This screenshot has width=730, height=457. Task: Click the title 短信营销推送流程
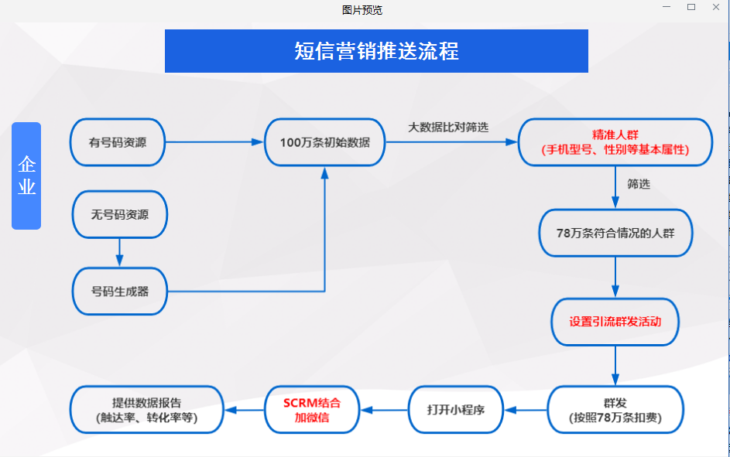[376, 51]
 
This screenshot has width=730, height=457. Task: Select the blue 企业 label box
[26, 176]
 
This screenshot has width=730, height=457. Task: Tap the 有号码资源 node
[118, 142]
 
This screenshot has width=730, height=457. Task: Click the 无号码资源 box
[120, 214]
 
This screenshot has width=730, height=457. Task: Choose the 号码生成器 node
[120, 292]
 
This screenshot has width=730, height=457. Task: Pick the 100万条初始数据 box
[325, 142]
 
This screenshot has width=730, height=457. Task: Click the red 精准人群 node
[615, 142]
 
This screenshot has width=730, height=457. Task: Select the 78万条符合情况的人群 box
[615, 232]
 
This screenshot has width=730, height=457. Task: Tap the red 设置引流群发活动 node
[615, 321]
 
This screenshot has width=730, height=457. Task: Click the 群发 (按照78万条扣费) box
[615, 410]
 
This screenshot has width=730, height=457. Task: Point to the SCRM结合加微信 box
[312, 410]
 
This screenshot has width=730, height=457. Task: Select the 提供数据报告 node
[146, 410]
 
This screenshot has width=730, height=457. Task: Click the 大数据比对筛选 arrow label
[448, 127]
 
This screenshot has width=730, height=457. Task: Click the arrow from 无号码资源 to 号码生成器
[120, 252]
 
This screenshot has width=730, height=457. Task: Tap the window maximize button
[691, 7]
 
